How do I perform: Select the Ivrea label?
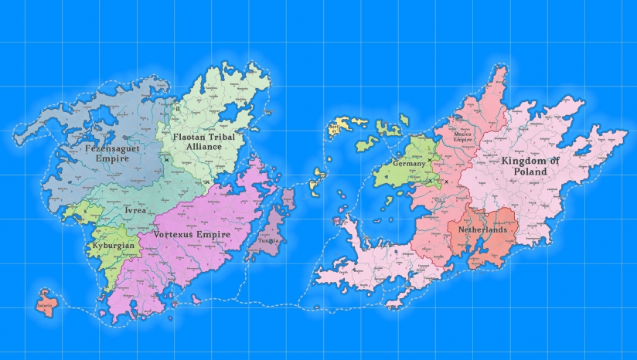click(x=134, y=209)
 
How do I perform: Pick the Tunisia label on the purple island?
click(x=268, y=240)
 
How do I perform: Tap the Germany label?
click(x=410, y=164)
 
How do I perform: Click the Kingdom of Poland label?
click(x=530, y=167)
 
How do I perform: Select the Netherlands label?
click(x=482, y=229)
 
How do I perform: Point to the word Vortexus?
click(x=175, y=233)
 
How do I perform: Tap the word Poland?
click(x=530, y=173)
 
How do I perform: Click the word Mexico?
click(x=462, y=133)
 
